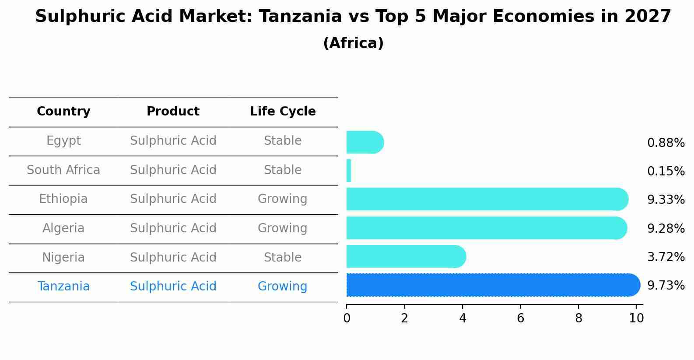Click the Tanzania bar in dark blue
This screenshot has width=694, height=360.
pos(492,285)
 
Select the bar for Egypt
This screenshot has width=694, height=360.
pos(365,142)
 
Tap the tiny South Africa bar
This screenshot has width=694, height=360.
pos(349,171)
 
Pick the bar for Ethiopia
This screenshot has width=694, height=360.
pos(487,199)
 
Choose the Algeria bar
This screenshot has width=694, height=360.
pos(486,228)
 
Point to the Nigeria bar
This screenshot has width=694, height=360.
pos(406,256)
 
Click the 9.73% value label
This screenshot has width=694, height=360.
pos(666,286)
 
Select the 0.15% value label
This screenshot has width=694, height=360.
pos(666,171)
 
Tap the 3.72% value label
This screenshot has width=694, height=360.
pos(666,257)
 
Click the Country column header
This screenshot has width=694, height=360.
pos(63,112)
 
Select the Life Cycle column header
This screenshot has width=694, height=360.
pos(283,112)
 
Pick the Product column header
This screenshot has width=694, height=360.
pos(173,112)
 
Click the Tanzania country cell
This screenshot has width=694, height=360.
pos(63,287)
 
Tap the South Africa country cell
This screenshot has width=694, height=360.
pos(63,170)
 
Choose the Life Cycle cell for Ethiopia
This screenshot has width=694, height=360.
pos(283,199)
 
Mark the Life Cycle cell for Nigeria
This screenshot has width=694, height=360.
pos(283,257)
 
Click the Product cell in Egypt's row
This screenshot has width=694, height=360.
pos(173,141)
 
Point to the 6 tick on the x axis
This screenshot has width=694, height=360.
pos(520,318)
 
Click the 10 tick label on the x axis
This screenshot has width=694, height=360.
pos(636,318)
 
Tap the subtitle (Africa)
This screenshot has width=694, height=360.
pos(353,43)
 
